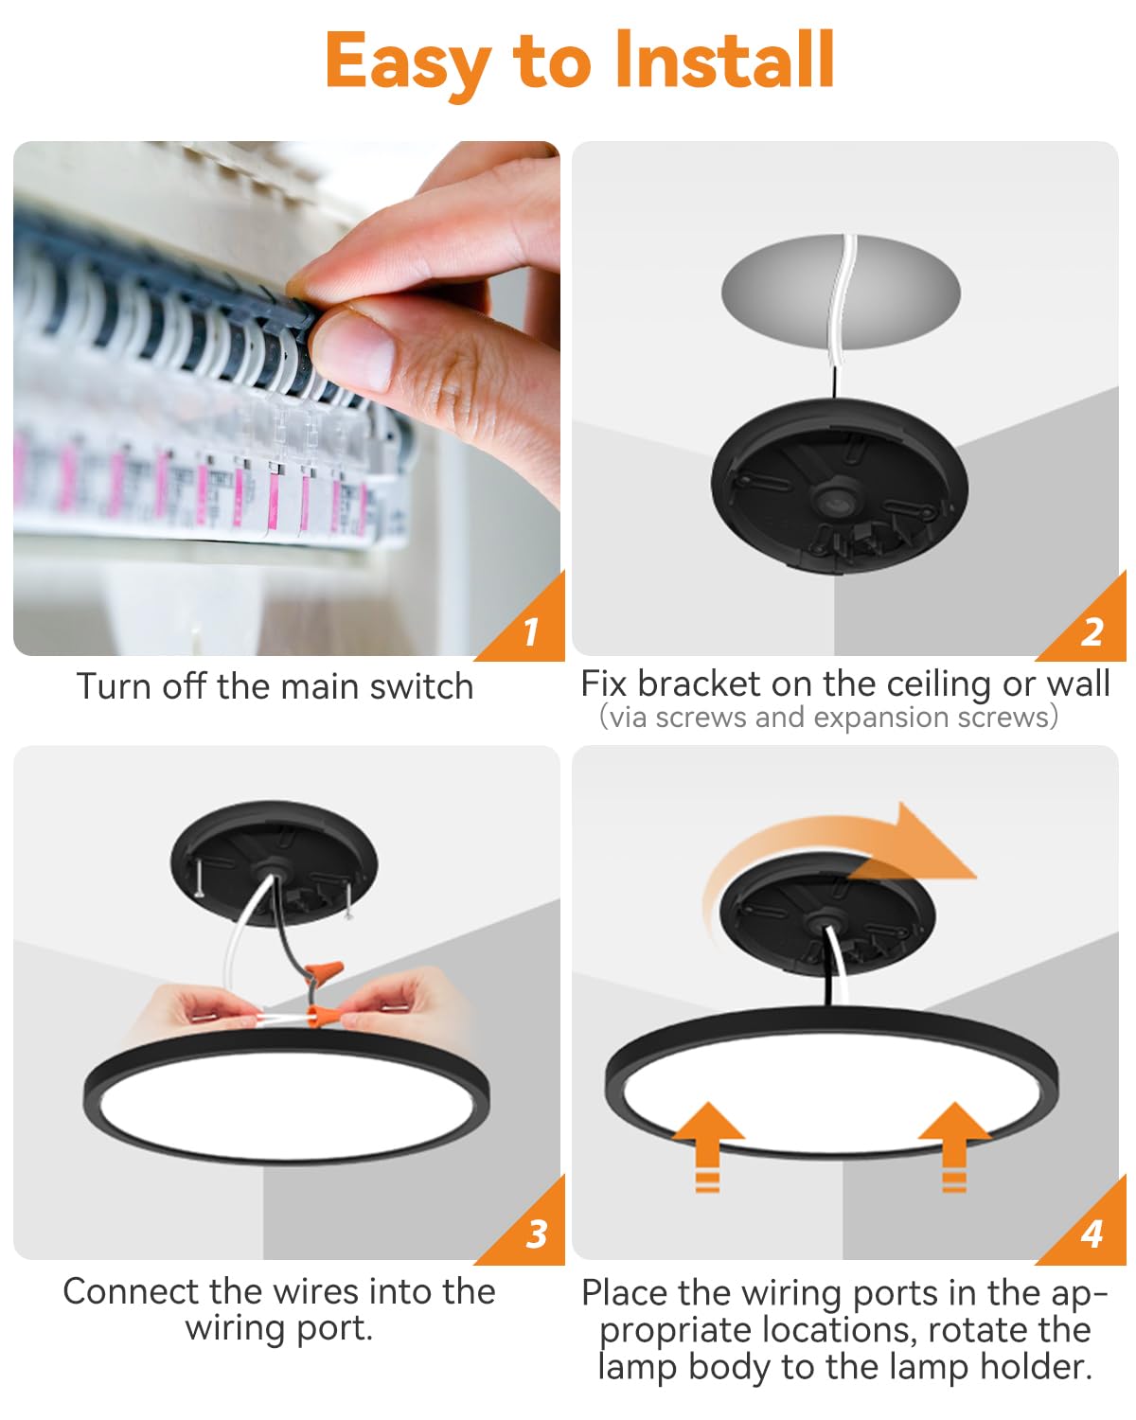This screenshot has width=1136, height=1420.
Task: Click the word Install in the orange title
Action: point(724,61)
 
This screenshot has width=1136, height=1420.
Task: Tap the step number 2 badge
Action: point(1092,631)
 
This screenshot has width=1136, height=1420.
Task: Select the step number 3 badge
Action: point(536,1234)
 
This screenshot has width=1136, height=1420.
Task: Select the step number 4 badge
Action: point(1092,1234)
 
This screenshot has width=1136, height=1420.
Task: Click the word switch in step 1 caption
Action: point(421,686)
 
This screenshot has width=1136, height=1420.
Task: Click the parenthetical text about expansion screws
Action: point(828,718)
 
